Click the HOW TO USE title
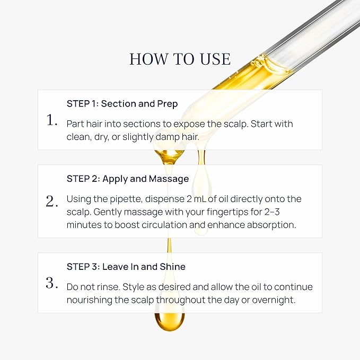tap(180, 59)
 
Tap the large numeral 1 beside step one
tap(51, 120)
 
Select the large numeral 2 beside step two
tap(51, 201)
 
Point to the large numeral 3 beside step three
tap(51, 283)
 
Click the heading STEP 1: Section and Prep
tap(122, 104)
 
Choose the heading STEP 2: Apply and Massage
tap(128, 179)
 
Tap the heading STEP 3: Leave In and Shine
tap(126, 267)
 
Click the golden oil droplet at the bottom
tap(170, 321)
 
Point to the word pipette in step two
tap(126, 199)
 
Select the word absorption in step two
tap(271, 225)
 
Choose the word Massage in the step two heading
tap(169, 179)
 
